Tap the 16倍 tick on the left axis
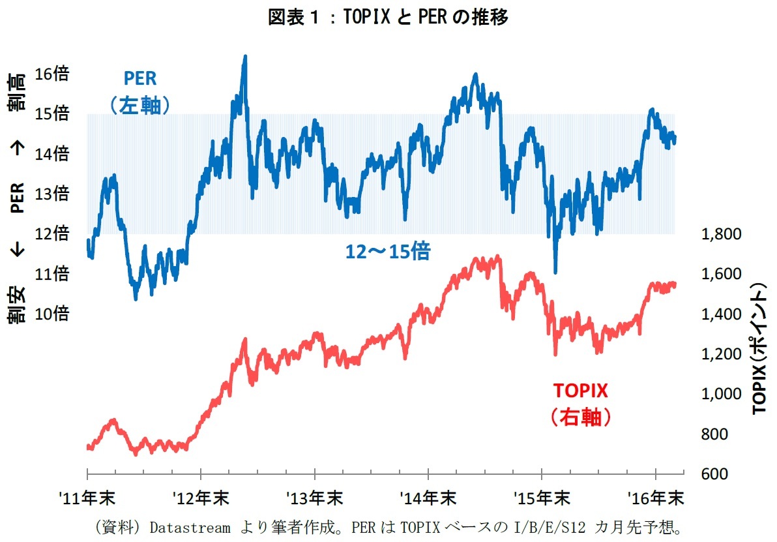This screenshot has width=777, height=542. click(x=52, y=74)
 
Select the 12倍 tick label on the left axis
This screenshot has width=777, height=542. click(x=52, y=233)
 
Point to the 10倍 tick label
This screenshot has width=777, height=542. click(x=52, y=314)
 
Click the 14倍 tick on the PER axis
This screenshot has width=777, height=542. click(x=52, y=154)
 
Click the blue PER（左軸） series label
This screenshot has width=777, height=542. click(x=140, y=92)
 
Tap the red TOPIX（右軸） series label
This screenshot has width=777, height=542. click(x=580, y=404)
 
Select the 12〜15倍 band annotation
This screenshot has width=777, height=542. click(x=388, y=252)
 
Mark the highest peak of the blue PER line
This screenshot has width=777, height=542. click(x=245, y=57)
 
